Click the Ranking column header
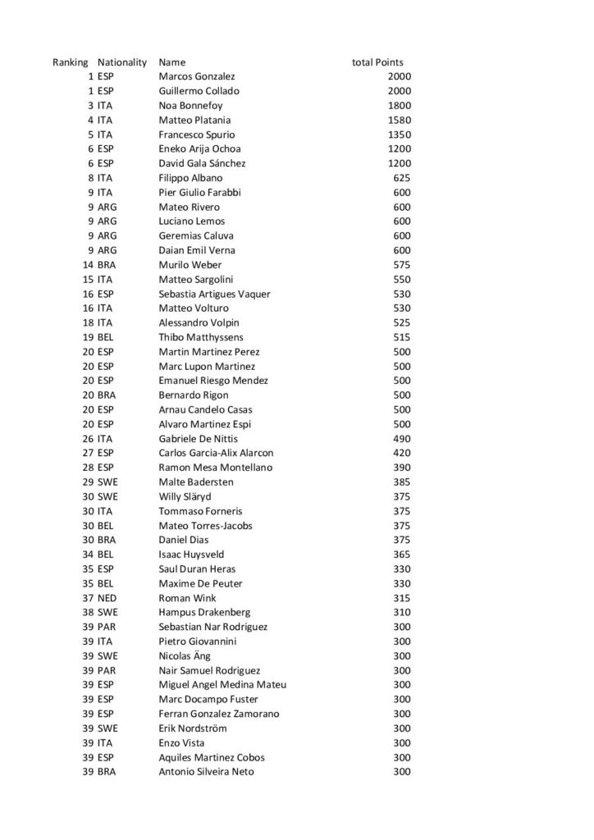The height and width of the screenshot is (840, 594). pyautogui.click(x=70, y=62)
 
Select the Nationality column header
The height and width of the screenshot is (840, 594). pyautogui.click(x=121, y=62)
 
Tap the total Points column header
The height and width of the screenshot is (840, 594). pyautogui.click(x=377, y=62)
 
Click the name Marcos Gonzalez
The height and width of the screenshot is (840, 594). pyautogui.click(x=196, y=76)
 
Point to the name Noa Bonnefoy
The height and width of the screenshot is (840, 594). pyautogui.click(x=190, y=106)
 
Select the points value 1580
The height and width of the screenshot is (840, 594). pyautogui.click(x=399, y=120)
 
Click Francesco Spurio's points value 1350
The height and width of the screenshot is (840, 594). pyautogui.click(x=399, y=135)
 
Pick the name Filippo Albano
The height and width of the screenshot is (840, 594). pyautogui.click(x=190, y=178)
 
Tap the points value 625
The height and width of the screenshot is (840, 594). pyautogui.click(x=402, y=178)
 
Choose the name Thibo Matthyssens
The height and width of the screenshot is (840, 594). pyautogui.click(x=200, y=337)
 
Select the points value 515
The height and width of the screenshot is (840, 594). pyautogui.click(x=402, y=337)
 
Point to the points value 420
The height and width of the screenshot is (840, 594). pyautogui.click(x=402, y=453)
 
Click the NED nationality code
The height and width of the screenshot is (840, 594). pyautogui.click(x=107, y=598)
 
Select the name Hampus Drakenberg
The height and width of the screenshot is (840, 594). pyautogui.click(x=204, y=612)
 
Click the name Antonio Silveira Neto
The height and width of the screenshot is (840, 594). pyautogui.click(x=206, y=772)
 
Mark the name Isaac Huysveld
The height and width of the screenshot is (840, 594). pyautogui.click(x=192, y=555)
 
